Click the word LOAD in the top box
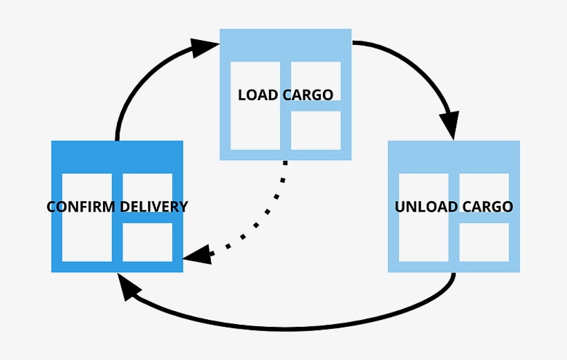[257, 95]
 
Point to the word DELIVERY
[154, 207]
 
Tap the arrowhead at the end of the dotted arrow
[198, 254]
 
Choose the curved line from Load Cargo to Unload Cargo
[415, 62]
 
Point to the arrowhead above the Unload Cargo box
[450, 125]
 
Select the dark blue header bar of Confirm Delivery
[117, 156]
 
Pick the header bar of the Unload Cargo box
[454, 156]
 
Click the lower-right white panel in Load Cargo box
[315, 130]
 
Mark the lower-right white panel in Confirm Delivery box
[147, 242]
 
